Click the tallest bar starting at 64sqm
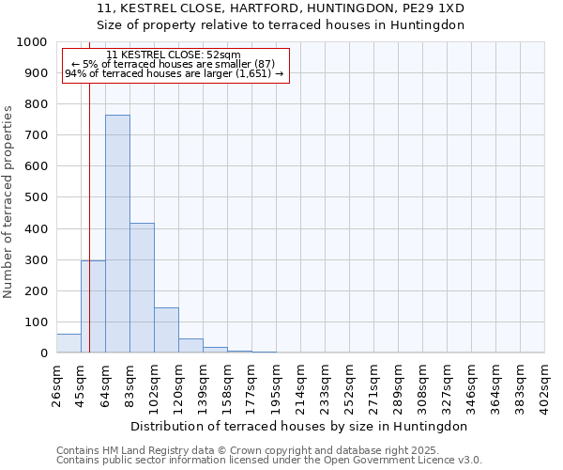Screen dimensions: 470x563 tap(117, 234)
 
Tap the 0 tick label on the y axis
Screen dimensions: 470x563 tap(44, 353)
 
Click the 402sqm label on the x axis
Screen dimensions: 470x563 tap(545, 384)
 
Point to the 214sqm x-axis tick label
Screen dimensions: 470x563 tap(300, 384)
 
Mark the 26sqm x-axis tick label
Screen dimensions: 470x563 tap(56, 384)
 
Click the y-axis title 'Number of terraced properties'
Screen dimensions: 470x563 tap(8, 202)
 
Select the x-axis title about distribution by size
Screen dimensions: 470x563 tap(300, 426)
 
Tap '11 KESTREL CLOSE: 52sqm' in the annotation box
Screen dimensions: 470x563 tap(174, 55)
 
